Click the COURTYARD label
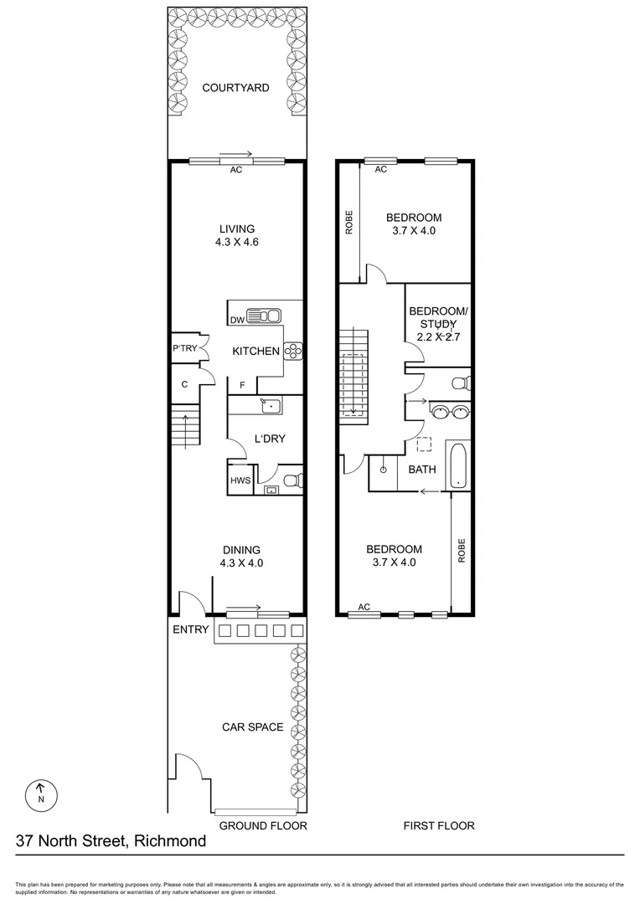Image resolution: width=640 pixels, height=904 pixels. pyautogui.click(x=235, y=87)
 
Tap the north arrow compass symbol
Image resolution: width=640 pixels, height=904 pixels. pyautogui.click(x=40, y=793)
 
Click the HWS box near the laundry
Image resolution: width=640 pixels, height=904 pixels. pyautogui.click(x=240, y=481)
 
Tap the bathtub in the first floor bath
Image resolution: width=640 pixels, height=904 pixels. pyautogui.click(x=458, y=464)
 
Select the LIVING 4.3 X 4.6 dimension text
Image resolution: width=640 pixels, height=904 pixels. pyautogui.click(x=236, y=244)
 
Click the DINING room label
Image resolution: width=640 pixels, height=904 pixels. pyautogui.click(x=240, y=550)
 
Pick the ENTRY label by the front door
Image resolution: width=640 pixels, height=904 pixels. pyautogui.click(x=190, y=629)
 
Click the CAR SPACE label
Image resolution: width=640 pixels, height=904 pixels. pyautogui.click(x=253, y=727)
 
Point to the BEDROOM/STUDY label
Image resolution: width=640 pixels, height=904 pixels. pyautogui.click(x=438, y=317)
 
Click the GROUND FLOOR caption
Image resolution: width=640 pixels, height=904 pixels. pyautogui.click(x=263, y=825)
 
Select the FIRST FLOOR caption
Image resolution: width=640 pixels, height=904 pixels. pyautogui.click(x=439, y=825)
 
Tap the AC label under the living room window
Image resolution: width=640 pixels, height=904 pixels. pyautogui.click(x=236, y=170)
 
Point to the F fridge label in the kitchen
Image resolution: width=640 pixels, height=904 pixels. pyautogui.click(x=243, y=385)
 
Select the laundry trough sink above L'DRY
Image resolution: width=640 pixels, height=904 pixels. pyautogui.click(x=269, y=406)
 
